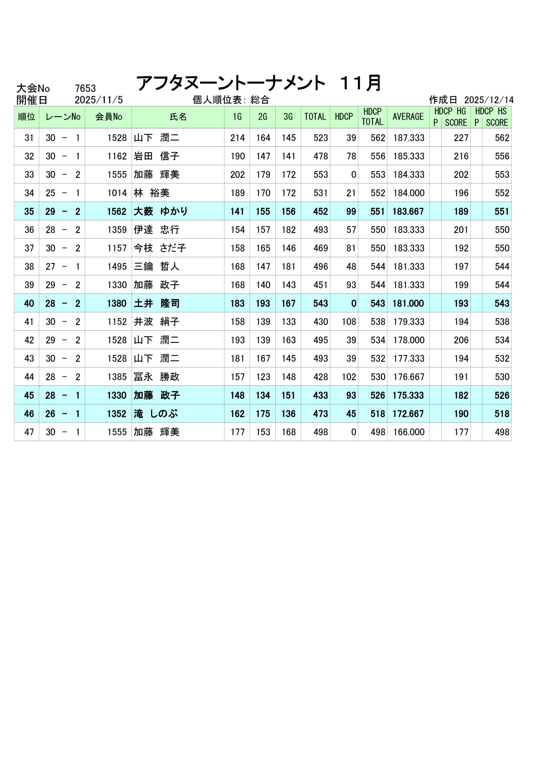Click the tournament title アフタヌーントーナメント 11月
259,83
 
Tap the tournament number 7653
85,89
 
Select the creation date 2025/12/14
489,100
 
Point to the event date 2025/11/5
99,100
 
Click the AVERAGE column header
408,117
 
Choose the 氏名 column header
178,117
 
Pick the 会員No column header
109,117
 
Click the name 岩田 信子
156,156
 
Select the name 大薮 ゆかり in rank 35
161,212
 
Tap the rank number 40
29,304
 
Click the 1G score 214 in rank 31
237,138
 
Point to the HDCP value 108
349,322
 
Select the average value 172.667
408,414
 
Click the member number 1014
117,193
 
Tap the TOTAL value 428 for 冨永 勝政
320,377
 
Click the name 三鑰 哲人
156,267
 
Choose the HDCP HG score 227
461,138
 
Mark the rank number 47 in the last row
29,432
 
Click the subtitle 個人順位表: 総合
231,100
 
